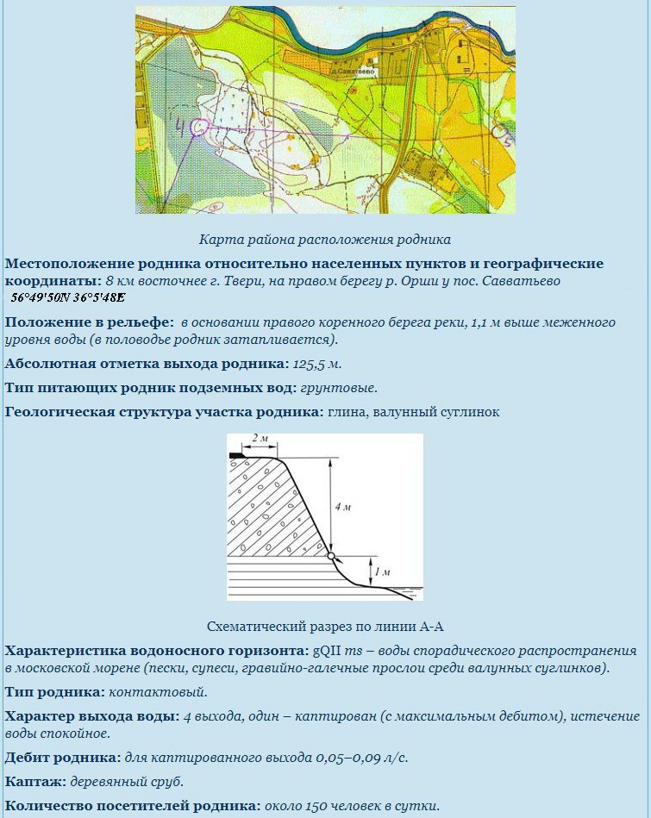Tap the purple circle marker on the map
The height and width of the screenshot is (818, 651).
point(199,128)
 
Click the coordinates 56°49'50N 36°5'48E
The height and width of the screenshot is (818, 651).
point(68,297)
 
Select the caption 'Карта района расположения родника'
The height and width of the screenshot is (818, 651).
point(325,239)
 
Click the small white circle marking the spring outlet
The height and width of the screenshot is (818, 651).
point(332,557)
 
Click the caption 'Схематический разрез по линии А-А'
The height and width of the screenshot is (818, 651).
point(325,627)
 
